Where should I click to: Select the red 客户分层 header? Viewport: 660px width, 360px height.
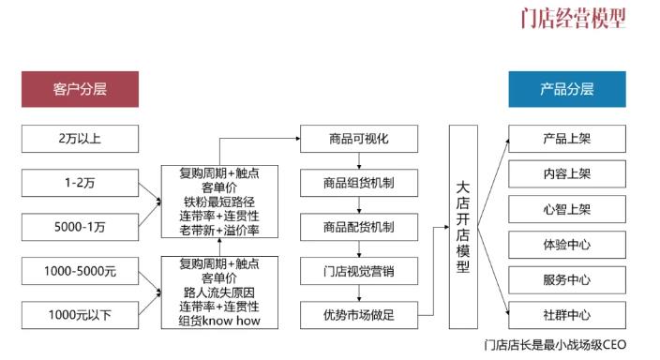click(80, 90)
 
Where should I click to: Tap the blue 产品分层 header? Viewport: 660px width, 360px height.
click(566, 90)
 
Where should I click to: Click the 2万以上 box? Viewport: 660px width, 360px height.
click(80, 140)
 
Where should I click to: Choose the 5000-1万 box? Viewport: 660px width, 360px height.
click(80, 226)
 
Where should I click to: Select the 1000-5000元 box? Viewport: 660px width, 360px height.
click(80, 272)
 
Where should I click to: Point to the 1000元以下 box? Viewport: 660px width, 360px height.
click(80, 315)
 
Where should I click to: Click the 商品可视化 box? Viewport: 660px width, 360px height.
click(357, 140)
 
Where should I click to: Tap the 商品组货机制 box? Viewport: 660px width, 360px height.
click(357, 183)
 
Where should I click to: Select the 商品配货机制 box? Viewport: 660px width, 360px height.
click(357, 227)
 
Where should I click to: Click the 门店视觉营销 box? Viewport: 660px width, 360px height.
click(357, 271)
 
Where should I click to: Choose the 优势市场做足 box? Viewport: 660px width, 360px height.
click(357, 315)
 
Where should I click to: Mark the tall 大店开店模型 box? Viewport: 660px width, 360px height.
click(463, 226)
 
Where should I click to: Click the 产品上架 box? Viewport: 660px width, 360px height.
click(566, 140)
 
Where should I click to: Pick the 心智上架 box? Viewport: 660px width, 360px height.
click(566, 209)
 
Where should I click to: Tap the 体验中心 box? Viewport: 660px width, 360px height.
click(566, 245)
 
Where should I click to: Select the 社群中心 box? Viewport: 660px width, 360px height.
click(566, 314)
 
